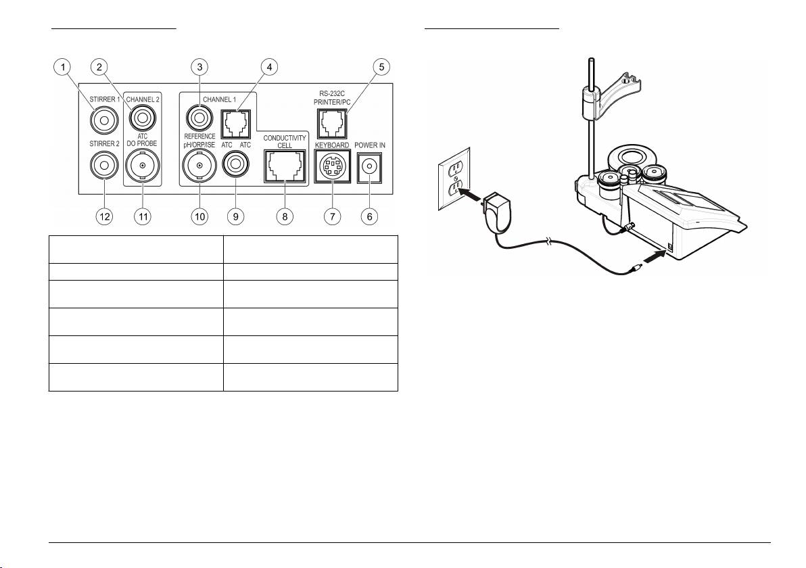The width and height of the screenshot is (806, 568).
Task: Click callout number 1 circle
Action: tap(64, 67)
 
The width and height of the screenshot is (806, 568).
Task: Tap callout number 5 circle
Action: tap(381, 67)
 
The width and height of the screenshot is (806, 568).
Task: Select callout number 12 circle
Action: tap(104, 216)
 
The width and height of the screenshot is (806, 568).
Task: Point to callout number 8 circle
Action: tap(285, 216)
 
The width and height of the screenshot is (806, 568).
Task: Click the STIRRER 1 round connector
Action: tap(104, 120)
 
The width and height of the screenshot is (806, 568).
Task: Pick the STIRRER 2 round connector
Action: tap(104, 166)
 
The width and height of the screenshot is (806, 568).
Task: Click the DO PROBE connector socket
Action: tap(143, 166)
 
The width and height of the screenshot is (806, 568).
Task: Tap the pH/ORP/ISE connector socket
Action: tap(199, 166)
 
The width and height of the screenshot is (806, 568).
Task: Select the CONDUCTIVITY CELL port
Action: tap(285, 166)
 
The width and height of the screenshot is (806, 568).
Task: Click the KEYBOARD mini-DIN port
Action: tap(333, 166)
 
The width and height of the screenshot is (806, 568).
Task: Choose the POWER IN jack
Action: tap(369, 167)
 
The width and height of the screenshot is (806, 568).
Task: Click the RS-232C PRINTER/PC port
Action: tap(332, 124)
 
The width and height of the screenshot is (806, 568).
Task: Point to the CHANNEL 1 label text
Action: tap(220, 99)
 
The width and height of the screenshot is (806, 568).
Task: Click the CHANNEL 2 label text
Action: tap(143, 99)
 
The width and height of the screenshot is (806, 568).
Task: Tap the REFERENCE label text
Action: tap(199, 137)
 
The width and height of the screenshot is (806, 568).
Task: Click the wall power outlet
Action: tap(454, 179)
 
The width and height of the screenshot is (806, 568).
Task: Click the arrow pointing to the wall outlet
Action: tap(473, 195)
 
